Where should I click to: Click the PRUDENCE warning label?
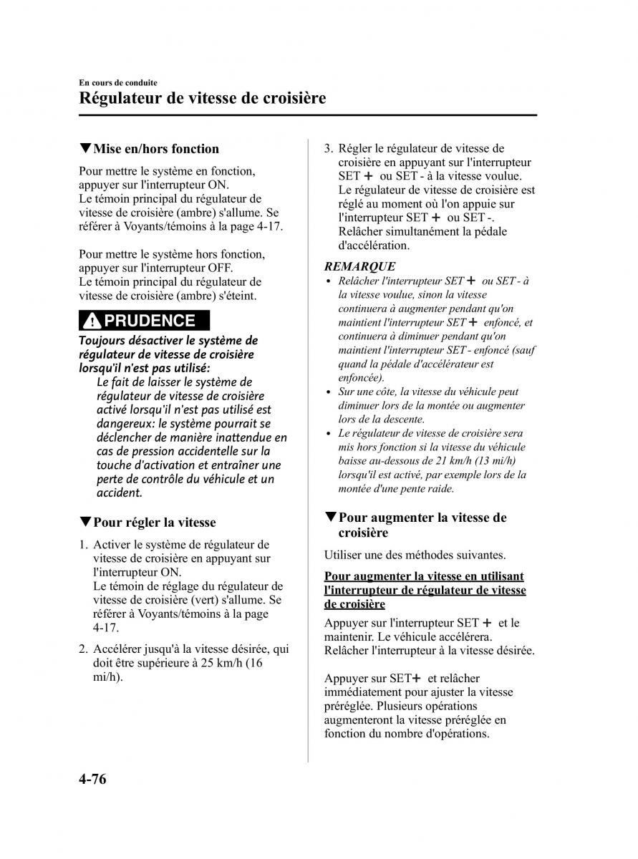point(150,321)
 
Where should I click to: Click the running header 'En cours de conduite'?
point(118,83)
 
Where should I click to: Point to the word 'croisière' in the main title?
point(284,97)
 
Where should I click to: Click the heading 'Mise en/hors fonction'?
point(156,149)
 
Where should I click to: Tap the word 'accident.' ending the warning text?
point(120,493)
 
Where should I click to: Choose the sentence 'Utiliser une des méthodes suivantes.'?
point(415,555)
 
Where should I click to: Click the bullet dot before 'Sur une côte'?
point(329,392)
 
